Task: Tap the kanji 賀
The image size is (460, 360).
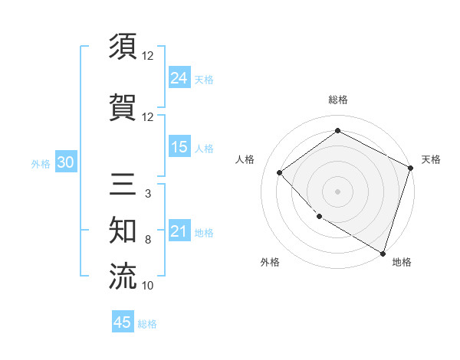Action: [123, 106]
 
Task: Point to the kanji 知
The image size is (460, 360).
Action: [123, 229]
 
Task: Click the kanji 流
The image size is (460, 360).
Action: [123, 276]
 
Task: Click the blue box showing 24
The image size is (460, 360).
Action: [179, 77]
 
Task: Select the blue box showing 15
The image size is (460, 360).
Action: [179, 146]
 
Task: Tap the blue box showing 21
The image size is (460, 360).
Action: [179, 231]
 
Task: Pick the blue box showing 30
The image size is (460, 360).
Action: [65, 162]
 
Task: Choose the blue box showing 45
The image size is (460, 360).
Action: [123, 322]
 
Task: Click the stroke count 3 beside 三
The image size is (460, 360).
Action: [147, 194]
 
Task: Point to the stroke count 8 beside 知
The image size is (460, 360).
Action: [147, 240]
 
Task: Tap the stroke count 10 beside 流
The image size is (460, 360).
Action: [147, 286]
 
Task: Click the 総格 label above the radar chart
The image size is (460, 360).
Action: [338, 100]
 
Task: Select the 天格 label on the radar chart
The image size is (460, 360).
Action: [431, 159]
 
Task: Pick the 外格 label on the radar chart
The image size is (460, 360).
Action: [270, 262]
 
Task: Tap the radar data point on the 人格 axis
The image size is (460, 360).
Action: [280, 172]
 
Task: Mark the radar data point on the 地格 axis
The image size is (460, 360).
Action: [383, 252]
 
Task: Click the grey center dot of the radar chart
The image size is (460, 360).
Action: [338, 191]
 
